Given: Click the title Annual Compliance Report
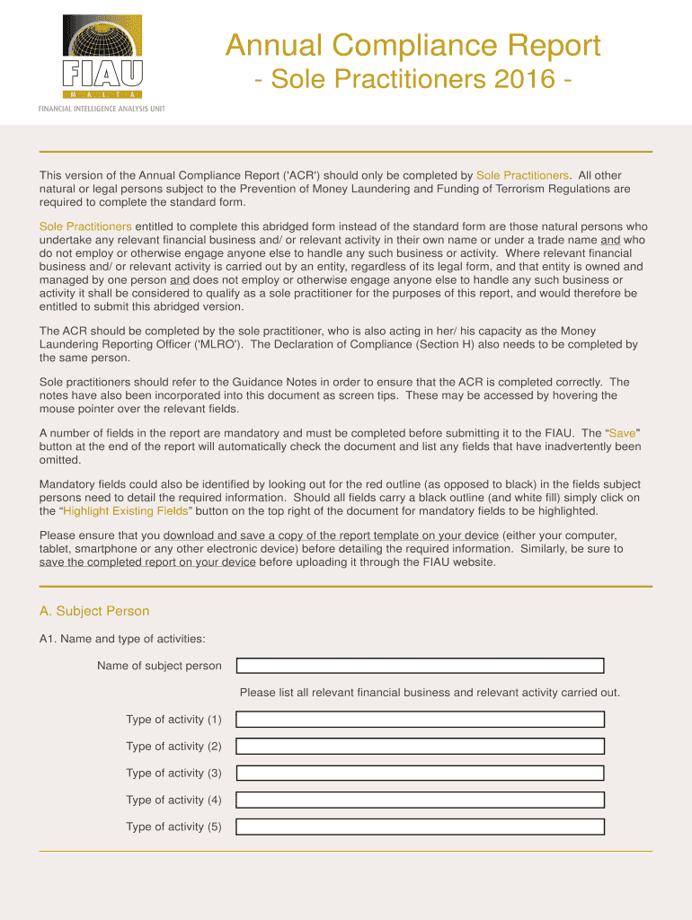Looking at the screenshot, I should point(413,45).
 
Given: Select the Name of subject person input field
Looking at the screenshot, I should point(420,666).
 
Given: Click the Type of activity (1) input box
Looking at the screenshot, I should point(420,720).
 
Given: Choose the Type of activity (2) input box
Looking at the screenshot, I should point(420,747).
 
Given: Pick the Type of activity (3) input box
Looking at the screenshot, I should point(420,774).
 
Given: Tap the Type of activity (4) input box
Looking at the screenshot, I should point(420,801).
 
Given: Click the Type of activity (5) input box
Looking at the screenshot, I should point(420,827).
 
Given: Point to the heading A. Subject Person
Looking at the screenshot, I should point(94,612).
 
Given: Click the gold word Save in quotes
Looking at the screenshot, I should point(622,433).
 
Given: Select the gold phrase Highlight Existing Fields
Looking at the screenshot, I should point(126,511).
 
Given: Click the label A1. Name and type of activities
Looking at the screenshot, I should point(122,640).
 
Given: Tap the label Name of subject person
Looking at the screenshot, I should point(159,666).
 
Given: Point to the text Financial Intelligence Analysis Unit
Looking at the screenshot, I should point(101,109).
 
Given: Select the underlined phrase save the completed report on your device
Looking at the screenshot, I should point(147,562).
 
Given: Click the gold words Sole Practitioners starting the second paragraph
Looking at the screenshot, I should point(85,226).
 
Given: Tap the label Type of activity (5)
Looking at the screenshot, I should point(173,827).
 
